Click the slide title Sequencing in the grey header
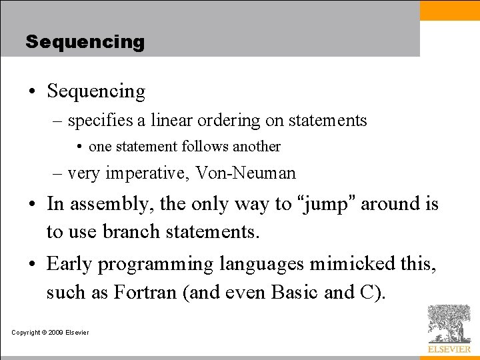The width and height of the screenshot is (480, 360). (85, 42)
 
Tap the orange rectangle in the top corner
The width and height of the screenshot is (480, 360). (449, 11)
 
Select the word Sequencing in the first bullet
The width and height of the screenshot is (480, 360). (96, 91)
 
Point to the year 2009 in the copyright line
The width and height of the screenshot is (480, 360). (57, 333)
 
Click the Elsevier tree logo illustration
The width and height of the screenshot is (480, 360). (449, 323)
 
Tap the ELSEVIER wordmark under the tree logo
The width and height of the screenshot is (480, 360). (449, 349)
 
